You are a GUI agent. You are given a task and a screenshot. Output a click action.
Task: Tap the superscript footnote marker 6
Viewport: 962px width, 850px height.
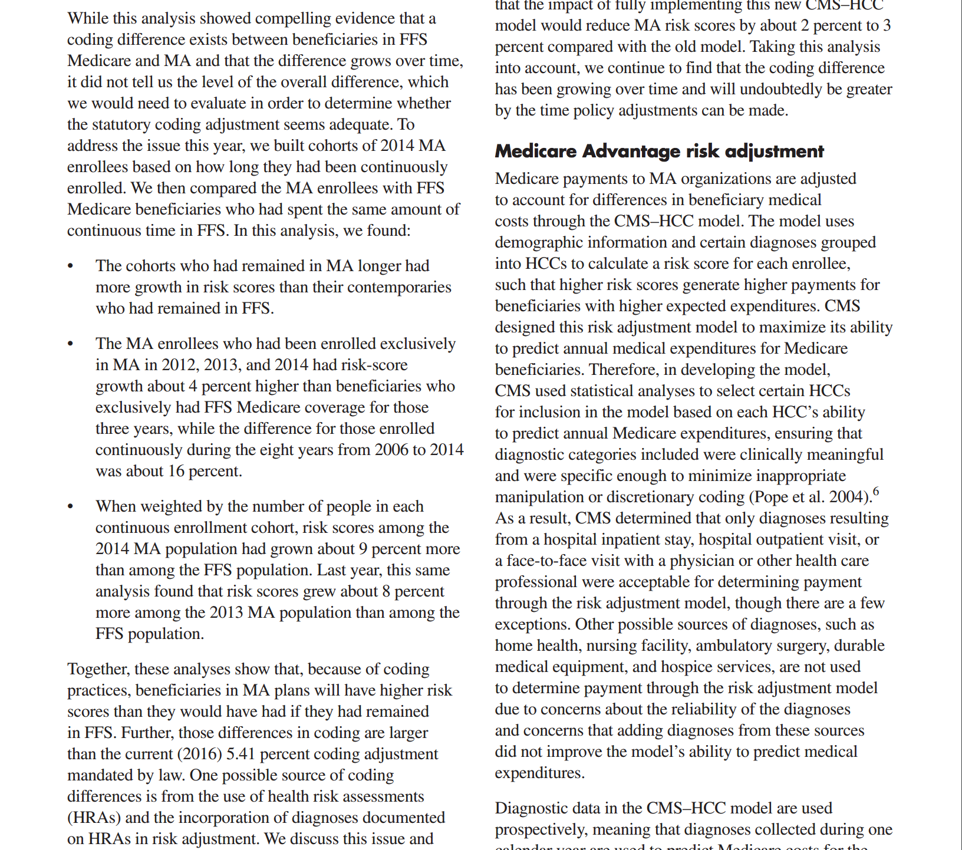[x=876, y=491]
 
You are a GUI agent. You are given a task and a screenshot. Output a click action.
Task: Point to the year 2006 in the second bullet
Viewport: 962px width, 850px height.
[x=391, y=450]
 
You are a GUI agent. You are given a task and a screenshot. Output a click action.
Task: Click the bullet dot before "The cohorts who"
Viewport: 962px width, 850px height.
[x=71, y=266]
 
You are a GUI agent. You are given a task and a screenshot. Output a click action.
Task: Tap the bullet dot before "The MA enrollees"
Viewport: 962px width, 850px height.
[x=71, y=344]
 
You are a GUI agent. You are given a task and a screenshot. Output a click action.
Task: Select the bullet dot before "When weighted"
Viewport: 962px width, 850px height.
[x=71, y=507]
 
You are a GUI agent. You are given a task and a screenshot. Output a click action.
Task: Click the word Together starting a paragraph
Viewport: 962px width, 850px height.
[x=98, y=669]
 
